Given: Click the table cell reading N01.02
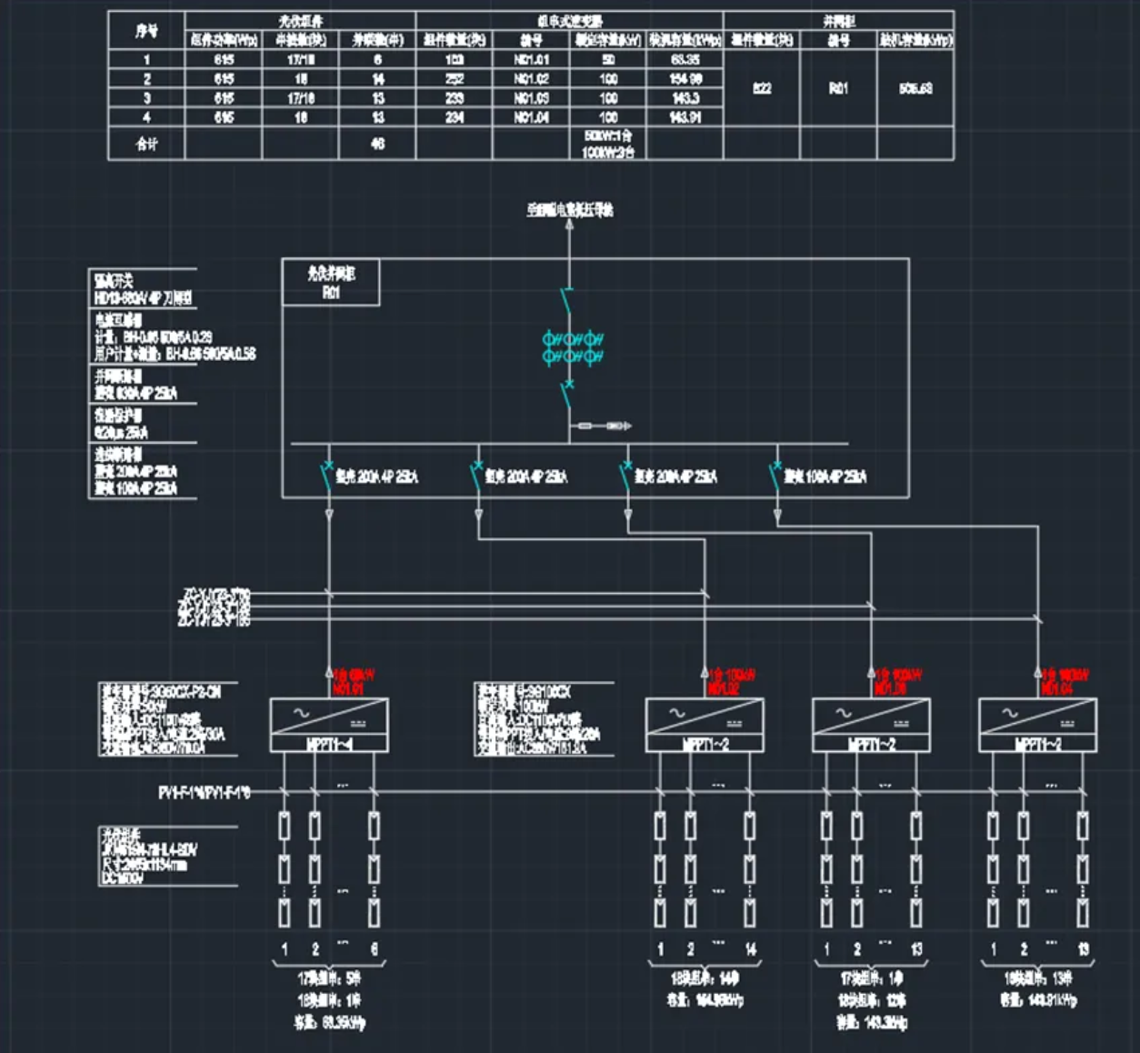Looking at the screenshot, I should (x=532, y=79).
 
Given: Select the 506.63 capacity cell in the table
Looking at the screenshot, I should (x=915, y=88).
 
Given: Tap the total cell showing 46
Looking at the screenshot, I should (x=378, y=144).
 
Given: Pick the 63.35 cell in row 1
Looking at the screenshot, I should (x=685, y=60).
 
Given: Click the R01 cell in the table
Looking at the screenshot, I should (x=838, y=88).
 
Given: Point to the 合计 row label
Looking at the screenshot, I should (x=146, y=144).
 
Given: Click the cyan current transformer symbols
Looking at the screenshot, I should (x=573, y=347).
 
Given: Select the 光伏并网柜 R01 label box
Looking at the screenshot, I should (x=331, y=283).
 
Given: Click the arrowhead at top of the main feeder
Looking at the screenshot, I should (x=570, y=225).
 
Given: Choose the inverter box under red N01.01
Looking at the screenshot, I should (x=329, y=725).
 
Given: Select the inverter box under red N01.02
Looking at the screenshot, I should (x=705, y=725).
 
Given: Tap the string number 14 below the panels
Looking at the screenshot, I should (x=751, y=949).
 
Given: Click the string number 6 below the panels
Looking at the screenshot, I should (x=374, y=949).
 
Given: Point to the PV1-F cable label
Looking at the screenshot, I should (x=204, y=793).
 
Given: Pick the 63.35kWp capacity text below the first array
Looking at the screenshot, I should (x=330, y=1023).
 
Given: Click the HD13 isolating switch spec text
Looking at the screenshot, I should (x=144, y=298).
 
